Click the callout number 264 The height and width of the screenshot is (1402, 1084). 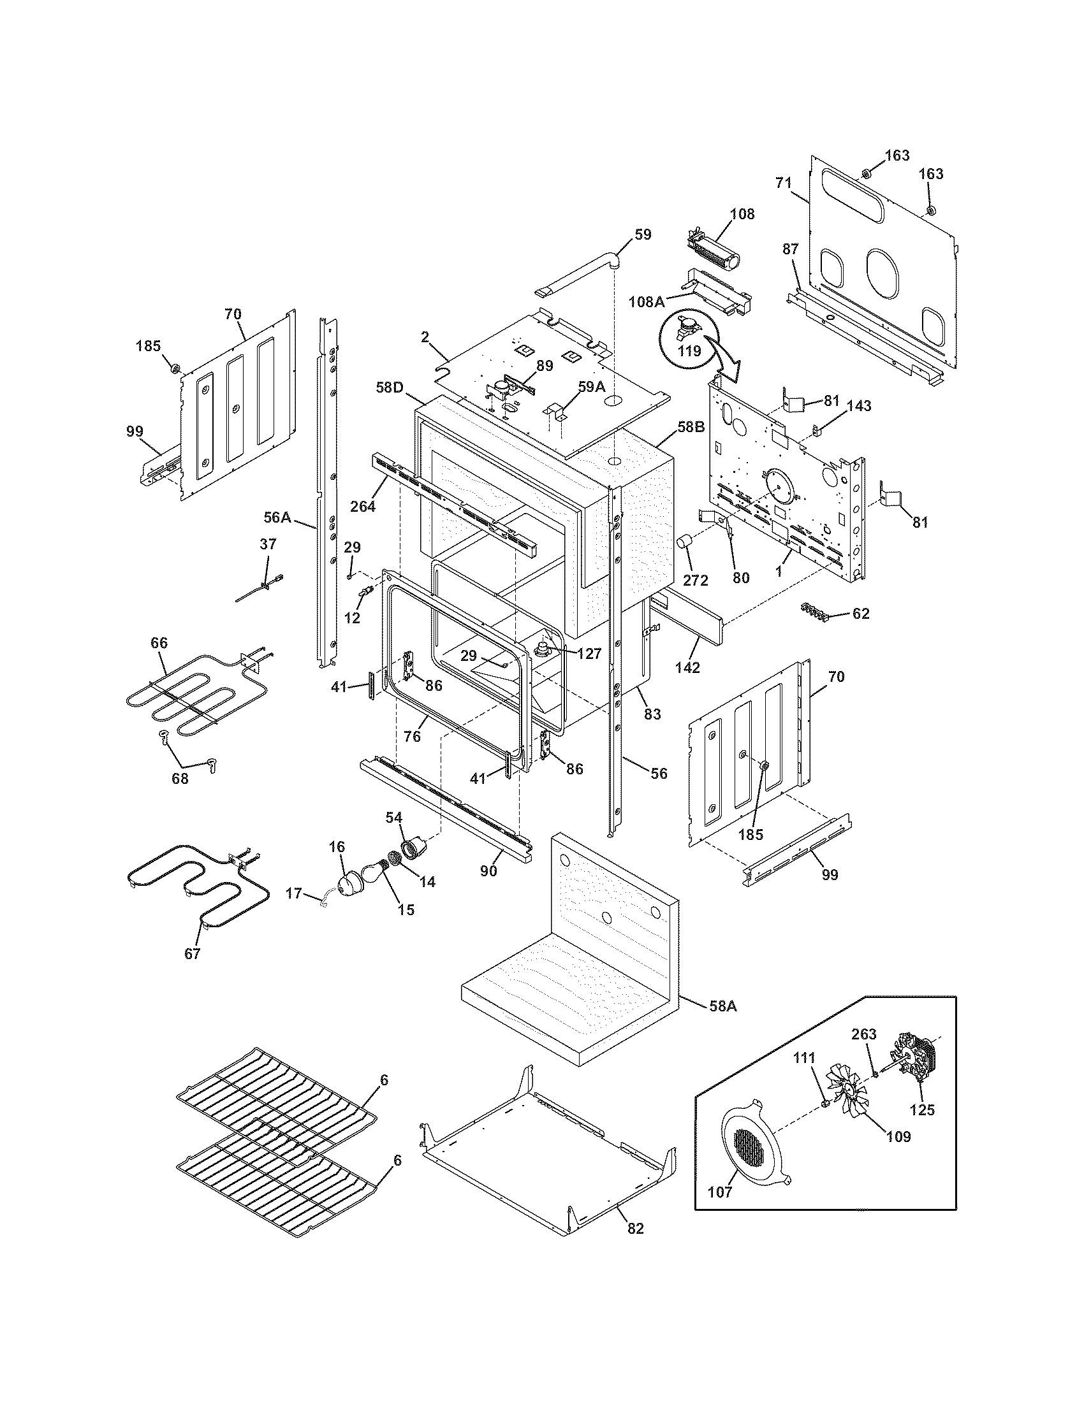pos(363,506)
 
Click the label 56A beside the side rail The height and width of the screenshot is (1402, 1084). pos(277,517)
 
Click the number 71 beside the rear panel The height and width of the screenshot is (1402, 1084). pos(783,183)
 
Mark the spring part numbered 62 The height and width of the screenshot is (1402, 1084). pos(814,611)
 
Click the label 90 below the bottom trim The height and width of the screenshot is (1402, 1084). pos(488,871)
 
